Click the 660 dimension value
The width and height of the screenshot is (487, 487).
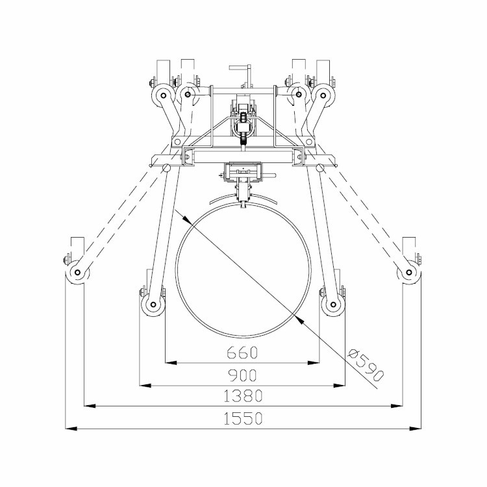(x=242, y=353)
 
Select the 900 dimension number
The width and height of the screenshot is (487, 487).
(x=243, y=375)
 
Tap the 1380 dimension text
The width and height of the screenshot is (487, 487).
(x=243, y=395)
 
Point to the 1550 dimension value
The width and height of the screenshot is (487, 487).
(x=243, y=418)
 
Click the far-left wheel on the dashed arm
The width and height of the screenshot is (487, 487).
(x=77, y=273)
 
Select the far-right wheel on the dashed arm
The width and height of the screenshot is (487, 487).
(x=409, y=273)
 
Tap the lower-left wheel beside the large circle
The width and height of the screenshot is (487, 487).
(x=153, y=305)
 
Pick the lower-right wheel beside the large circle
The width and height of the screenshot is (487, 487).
(x=333, y=305)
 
